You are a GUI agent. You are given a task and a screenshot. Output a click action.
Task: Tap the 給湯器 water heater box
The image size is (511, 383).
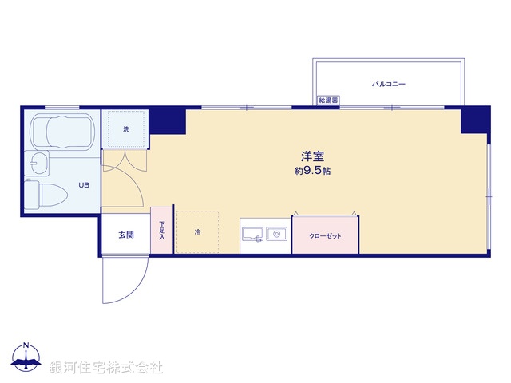(328, 101)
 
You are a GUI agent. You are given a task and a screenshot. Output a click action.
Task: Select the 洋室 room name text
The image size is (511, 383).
(311, 156)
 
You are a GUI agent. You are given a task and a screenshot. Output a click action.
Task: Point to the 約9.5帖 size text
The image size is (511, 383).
(311, 171)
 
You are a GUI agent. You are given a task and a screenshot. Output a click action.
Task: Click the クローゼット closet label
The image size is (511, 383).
(324, 236)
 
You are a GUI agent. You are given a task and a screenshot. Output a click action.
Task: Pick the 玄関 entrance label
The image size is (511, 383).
(126, 235)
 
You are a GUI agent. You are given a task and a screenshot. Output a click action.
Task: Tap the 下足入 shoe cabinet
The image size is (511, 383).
(162, 231)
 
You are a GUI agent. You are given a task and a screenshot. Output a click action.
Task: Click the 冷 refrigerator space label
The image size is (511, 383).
(197, 232)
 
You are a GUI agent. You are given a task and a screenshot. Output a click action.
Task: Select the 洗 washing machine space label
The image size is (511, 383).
(126, 128)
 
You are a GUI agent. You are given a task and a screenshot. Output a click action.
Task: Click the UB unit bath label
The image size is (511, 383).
(83, 185)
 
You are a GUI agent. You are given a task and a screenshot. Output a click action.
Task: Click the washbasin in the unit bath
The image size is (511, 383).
(36, 165)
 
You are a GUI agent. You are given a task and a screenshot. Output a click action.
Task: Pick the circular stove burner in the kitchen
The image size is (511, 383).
(278, 235)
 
